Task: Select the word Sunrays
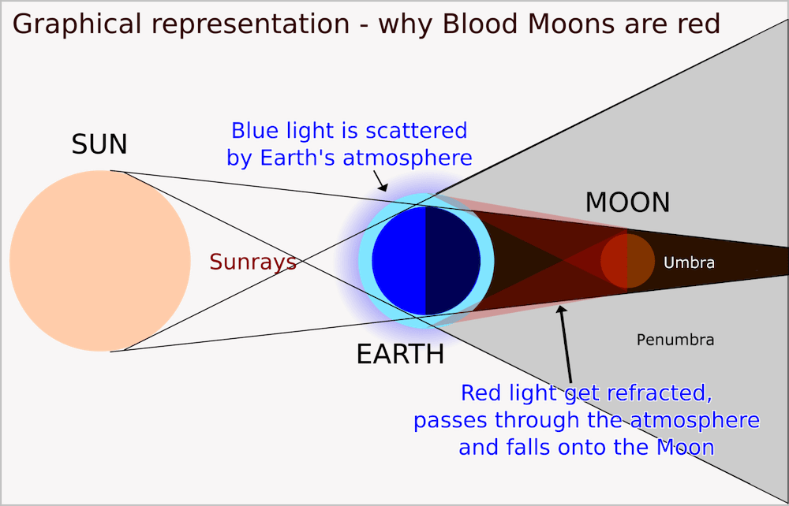(252, 262)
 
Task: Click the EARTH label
(400, 355)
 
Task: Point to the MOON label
(627, 203)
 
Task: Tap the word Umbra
(689, 262)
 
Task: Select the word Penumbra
(675, 340)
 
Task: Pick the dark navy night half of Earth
(452, 260)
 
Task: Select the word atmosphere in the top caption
(408, 158)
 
